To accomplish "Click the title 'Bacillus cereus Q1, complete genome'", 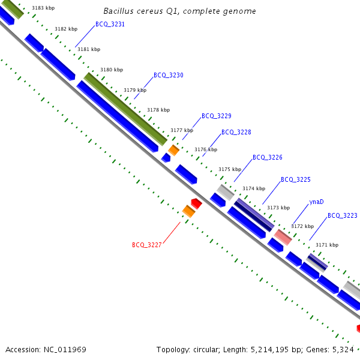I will [x=179, y=11].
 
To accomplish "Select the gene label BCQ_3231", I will [x=110, y=25].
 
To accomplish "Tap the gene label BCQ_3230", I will [x=168, y=76].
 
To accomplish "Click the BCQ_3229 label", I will [x=216, y=116].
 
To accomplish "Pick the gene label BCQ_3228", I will [x=236, y=132].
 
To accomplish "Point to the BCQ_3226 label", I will [x=267, y=157].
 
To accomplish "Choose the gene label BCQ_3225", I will [x=295, y=179].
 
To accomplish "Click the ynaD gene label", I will [x=316, y=202].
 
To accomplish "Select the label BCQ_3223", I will [x=342, y=215].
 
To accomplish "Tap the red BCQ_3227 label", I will [x=146, y=245].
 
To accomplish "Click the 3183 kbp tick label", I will [x=43, y=8].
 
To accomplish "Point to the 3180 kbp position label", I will [x=112, y=70].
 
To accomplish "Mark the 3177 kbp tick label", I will [x=182, y=130].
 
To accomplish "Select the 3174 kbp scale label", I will [x=253, y=188].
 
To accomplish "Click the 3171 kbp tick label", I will [x=326, y=245].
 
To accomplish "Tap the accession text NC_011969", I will [x=46, y=349].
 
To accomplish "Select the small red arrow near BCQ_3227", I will [x=196, y=203].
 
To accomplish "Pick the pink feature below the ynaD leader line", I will [x=283, y=237].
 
